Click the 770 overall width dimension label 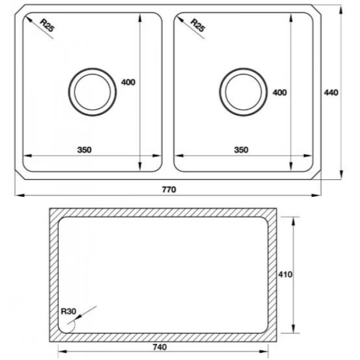coord(169,190)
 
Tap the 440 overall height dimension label coord(331,92)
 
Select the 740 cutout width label coord(160,347)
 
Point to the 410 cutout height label coord(285,274)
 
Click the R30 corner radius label coord(68,311)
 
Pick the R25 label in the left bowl coord(47,25)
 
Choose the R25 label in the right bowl coord(198,25)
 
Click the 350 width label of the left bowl coord(85,150)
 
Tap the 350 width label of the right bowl coord(241,150)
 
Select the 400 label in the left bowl coord(128,82)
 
